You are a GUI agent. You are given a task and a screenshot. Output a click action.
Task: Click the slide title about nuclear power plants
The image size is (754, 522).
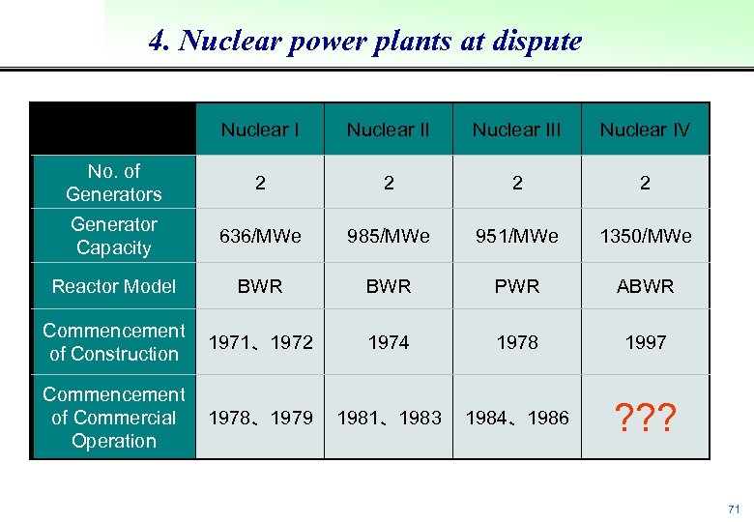(x=365, y=42)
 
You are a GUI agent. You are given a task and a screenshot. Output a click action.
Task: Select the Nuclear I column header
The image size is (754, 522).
(x=259, y=130)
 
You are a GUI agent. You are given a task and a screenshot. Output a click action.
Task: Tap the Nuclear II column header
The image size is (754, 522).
(x=388, y=130)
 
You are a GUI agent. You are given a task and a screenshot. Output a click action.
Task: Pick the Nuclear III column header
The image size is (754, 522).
(x=516, y=130)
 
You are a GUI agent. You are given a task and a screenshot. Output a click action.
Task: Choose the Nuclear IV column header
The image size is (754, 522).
(x=645, y=130)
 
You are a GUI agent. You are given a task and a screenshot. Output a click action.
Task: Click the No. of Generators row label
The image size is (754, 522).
(x=113, y=183)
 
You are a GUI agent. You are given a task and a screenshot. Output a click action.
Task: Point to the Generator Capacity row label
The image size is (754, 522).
(x=113, y=236)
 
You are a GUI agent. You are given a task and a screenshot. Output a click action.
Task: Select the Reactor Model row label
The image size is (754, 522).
(x=113, y=286)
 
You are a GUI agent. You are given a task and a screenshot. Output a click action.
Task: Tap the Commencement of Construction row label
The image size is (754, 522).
(x=113, y=342)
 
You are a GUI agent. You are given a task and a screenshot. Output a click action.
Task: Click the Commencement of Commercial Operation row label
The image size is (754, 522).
(x=113, y=418)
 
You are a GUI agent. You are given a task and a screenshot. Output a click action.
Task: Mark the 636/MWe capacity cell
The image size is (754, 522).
(x=259, y=236)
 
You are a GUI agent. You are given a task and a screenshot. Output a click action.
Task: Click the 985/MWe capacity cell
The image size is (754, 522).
(x=388, y=236)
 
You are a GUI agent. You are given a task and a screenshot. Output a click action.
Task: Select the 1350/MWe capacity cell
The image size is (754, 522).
(x=645, y=236)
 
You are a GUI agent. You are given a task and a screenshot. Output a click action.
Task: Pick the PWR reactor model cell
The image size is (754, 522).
(x=516, y=286)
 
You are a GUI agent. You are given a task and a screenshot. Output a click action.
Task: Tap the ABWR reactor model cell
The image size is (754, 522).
(x=645, y=286)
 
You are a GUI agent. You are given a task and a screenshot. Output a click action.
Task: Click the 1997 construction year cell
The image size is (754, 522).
(x=645, y=342)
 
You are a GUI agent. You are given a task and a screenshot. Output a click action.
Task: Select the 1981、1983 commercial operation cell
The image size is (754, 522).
(x=388, y=418)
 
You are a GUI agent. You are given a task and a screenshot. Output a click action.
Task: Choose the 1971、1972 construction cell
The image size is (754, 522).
(x=259, y=342)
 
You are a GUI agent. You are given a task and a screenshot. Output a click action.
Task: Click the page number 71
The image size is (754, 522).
(x=734, y=508)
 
